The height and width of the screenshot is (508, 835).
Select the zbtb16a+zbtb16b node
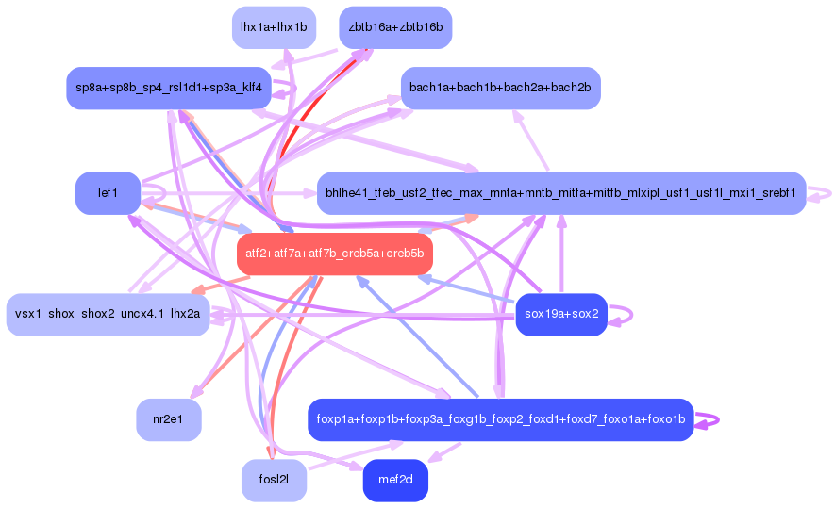(395, 27)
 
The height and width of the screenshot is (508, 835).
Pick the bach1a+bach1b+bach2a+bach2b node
(500, 88)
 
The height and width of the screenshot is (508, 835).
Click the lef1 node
(108, 193)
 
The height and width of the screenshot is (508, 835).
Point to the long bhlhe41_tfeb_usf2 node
(560, 193)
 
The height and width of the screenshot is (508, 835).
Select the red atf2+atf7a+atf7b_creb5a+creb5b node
(334, 254)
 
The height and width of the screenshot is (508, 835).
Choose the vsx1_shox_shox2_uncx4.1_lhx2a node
(108, 315)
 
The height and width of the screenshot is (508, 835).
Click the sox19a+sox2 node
(561, 315)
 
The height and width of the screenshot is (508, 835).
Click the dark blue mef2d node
(395, 481)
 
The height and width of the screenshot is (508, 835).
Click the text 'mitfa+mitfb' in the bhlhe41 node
(610, 193)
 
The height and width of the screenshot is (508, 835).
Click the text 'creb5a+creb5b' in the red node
(386, 254)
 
